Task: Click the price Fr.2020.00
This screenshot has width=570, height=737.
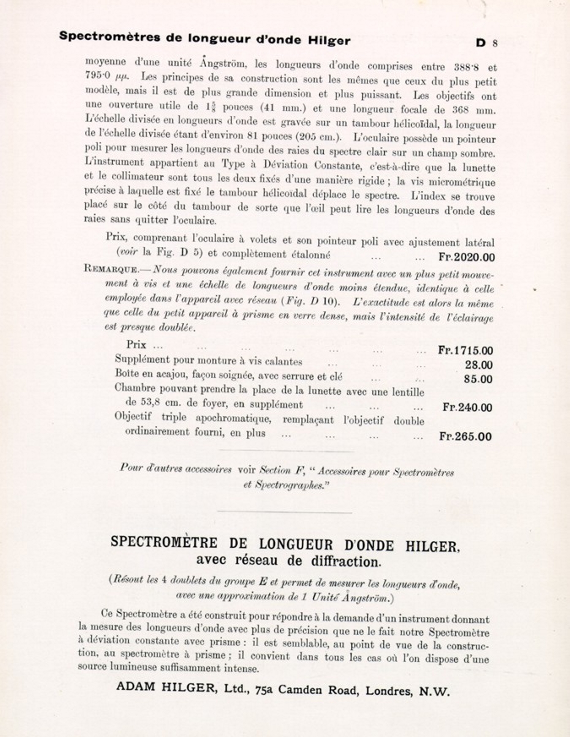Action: pyautogui.click(x=466, y=257)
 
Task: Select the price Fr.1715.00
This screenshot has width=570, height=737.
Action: pyautogui.click(x=465, y=350)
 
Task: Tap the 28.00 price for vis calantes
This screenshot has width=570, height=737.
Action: pyautogui.click(x=478, y=365)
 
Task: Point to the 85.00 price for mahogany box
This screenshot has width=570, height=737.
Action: pyautogui.click(x=478, y=379)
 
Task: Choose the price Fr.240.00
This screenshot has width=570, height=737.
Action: pyautogui.click(x=467, y=407)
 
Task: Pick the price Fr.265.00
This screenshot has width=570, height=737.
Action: pyautogui.click(x=465, y=436)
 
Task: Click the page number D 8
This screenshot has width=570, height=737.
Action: pyautogui.click(x=486, y=43)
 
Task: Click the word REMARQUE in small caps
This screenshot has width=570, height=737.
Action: pyautogui.click(x=111, y=269)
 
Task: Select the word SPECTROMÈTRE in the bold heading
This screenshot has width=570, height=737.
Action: pyautogui.click(x=164, y=542)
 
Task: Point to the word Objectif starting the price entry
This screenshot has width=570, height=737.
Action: pyautogui.click(x=133, y=416)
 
